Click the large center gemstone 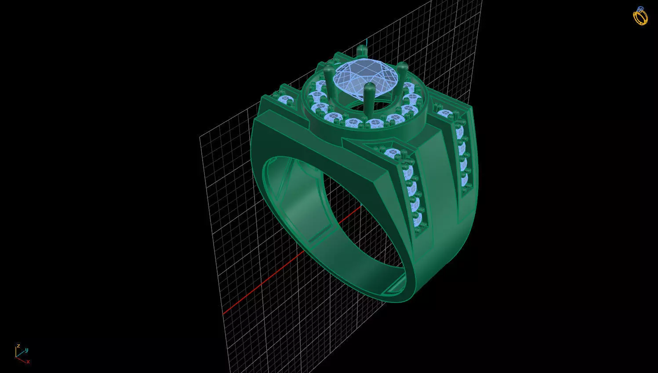[365, 75]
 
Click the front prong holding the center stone [369, 95]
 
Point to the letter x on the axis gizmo [28, 362]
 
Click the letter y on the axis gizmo [26, 350]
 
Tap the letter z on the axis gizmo [18, 346]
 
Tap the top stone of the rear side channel [445, 114]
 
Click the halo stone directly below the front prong [374, 123]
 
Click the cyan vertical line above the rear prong [366, 41]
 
